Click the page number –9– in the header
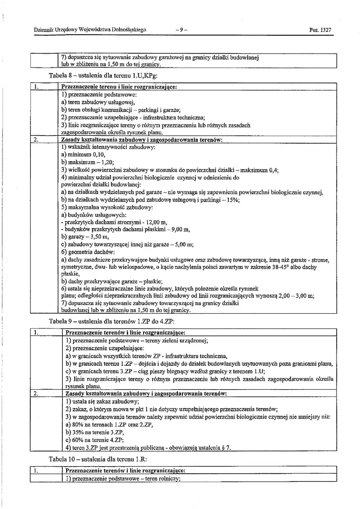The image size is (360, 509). point(181,30)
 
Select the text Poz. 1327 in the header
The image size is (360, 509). point(320,30)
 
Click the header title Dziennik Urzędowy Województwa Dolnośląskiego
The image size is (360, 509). point(90,30)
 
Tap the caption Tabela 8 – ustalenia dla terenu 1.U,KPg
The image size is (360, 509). point(103,76)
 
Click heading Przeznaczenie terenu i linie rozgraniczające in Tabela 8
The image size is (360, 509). point(118,86)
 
